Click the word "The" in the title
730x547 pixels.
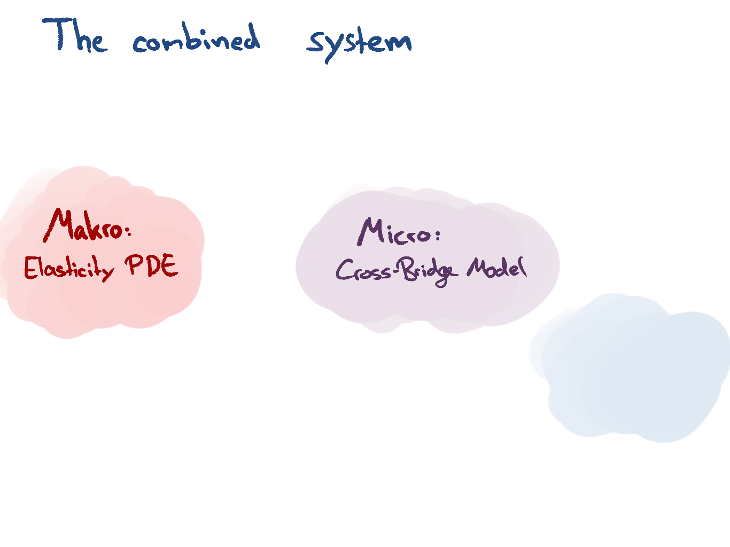coord(75,36)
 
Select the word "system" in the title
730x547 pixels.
coord(359,43)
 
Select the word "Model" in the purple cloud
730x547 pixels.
coord(496,267)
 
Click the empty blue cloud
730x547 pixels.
coord(631,369)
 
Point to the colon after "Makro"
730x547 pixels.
coord(127,231)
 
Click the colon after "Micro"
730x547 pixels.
coord(438,236)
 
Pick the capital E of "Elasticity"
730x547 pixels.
coord(30,268)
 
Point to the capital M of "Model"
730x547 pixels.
coord(477,267)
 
